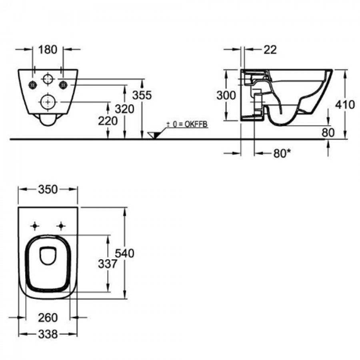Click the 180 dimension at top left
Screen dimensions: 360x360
coord(48,49)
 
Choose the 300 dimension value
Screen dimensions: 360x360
coord(226,96)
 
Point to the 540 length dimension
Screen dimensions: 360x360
coord(124,253)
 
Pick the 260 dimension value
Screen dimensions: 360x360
coord(48,318)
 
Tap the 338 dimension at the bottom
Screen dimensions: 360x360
coord(48,334)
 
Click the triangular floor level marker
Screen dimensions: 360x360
coord(154,135)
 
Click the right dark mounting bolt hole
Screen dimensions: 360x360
coord(63,84)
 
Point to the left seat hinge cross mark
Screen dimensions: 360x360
coord(35,226)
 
